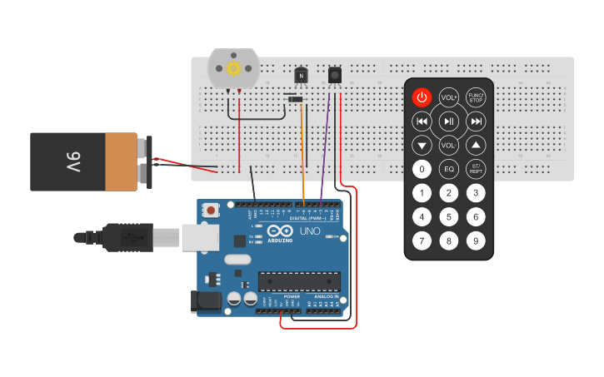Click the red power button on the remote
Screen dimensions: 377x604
point(422,97)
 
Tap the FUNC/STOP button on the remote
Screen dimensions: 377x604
point(476,97)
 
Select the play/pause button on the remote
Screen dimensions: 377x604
point(449,122)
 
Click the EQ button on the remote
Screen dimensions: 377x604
point(449,169)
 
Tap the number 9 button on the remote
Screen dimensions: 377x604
point(476,241)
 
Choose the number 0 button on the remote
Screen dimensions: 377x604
point(422,169)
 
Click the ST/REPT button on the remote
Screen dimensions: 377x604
point(476,169)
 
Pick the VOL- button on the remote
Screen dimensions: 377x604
point(449,146)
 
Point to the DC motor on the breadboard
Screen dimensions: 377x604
point(233,69)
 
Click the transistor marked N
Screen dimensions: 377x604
point(302,76)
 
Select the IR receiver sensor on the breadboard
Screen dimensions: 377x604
point(335,75)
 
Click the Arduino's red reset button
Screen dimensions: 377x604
point(212,211)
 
